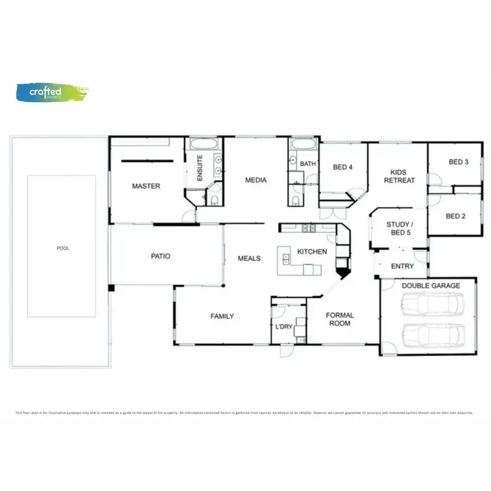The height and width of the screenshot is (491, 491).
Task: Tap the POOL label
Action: (63, 248)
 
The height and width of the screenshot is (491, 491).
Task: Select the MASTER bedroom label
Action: (146, 187)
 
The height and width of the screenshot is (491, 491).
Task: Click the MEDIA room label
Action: (255, 180)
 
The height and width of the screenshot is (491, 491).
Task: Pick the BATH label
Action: (308, 164)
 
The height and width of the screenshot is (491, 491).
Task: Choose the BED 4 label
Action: (343, 168)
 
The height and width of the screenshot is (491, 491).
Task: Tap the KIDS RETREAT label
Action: (399, 175)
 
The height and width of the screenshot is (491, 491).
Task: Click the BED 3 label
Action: (458, 162)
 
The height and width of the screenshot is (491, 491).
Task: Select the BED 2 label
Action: (456, 216)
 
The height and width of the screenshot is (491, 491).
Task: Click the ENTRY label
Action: (402, 266)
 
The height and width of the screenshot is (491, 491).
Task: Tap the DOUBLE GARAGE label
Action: (431, 285)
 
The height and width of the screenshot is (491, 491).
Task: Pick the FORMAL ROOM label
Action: (340, 319)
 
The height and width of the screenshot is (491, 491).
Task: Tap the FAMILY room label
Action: (222, 316)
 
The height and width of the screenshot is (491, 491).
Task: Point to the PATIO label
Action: (160, 256)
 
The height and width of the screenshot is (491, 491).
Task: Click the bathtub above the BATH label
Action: (303, 145)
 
